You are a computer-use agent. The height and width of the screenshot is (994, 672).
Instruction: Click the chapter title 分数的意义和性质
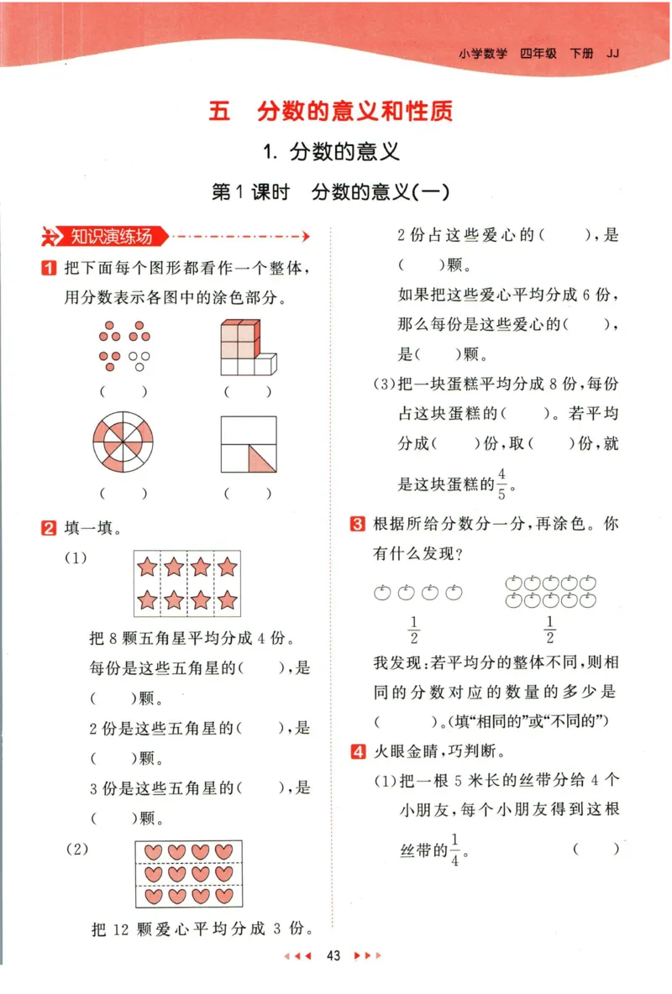(x=355, y=112)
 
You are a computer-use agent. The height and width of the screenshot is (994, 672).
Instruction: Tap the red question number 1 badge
(x=50, y=269)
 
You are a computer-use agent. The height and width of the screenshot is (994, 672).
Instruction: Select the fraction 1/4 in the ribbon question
(x=455, y=849)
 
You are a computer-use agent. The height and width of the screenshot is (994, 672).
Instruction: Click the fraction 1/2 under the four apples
(x=413, y=628)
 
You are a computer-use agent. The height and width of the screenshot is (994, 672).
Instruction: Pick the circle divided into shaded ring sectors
(x=123, y=442)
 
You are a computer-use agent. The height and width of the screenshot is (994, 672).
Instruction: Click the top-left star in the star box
(x=147, y=568)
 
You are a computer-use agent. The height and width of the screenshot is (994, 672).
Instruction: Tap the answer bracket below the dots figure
(x=123, y=391)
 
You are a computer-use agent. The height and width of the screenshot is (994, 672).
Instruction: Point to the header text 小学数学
(x=483, y=53)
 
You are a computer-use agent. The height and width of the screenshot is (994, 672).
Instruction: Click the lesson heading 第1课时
(x=250, y=192)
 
